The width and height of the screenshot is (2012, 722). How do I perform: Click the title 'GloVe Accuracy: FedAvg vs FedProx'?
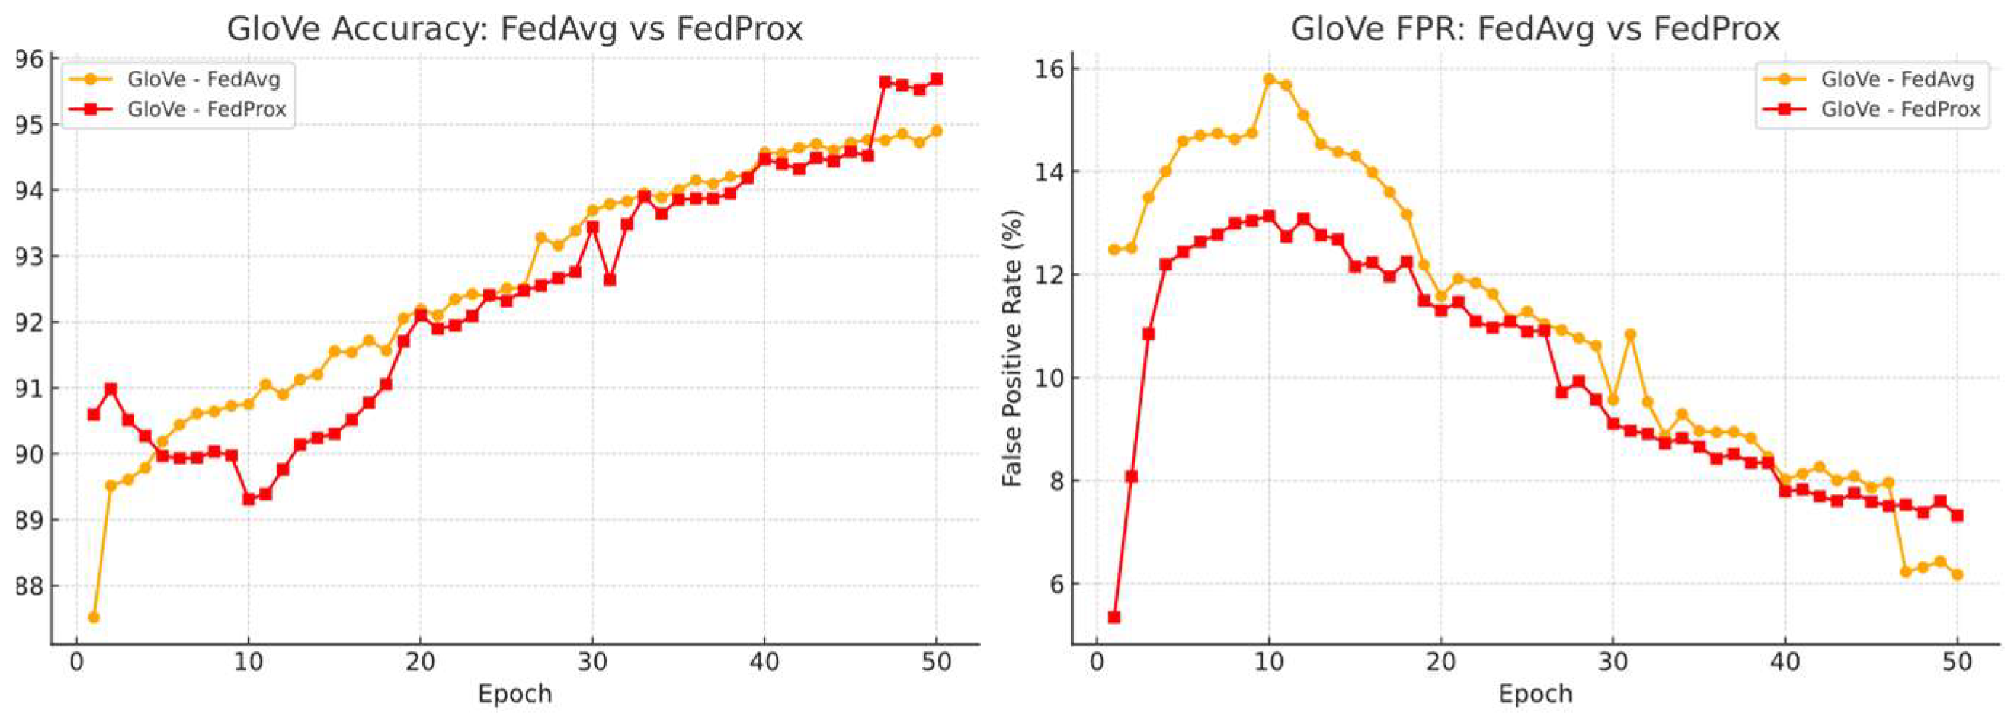coord(515,29)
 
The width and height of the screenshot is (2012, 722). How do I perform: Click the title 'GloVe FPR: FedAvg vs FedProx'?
coord(1534,29)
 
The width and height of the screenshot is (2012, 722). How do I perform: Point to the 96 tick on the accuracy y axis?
coord(29,60)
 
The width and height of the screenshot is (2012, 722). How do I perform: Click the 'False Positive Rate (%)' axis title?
coord(1013,348)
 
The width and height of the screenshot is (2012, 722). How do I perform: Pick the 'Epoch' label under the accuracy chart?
coord(515,694)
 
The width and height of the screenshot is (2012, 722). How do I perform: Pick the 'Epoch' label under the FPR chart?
coord(1534,694)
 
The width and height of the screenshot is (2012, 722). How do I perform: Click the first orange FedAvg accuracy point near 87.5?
coord(94,617)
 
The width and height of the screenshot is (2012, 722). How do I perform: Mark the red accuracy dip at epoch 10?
coord(249,499)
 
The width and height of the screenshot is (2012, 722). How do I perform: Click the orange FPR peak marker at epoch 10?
coord(1269,79)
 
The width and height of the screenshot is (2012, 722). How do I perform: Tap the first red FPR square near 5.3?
coord(1114,617)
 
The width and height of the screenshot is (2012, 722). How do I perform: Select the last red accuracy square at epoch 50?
coord(936,79)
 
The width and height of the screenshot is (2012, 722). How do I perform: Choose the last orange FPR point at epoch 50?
coord(1957,574)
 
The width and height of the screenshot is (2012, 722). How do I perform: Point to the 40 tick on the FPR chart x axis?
coord(1785,662)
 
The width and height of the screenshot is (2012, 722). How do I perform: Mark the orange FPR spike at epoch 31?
coord(1630,334)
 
